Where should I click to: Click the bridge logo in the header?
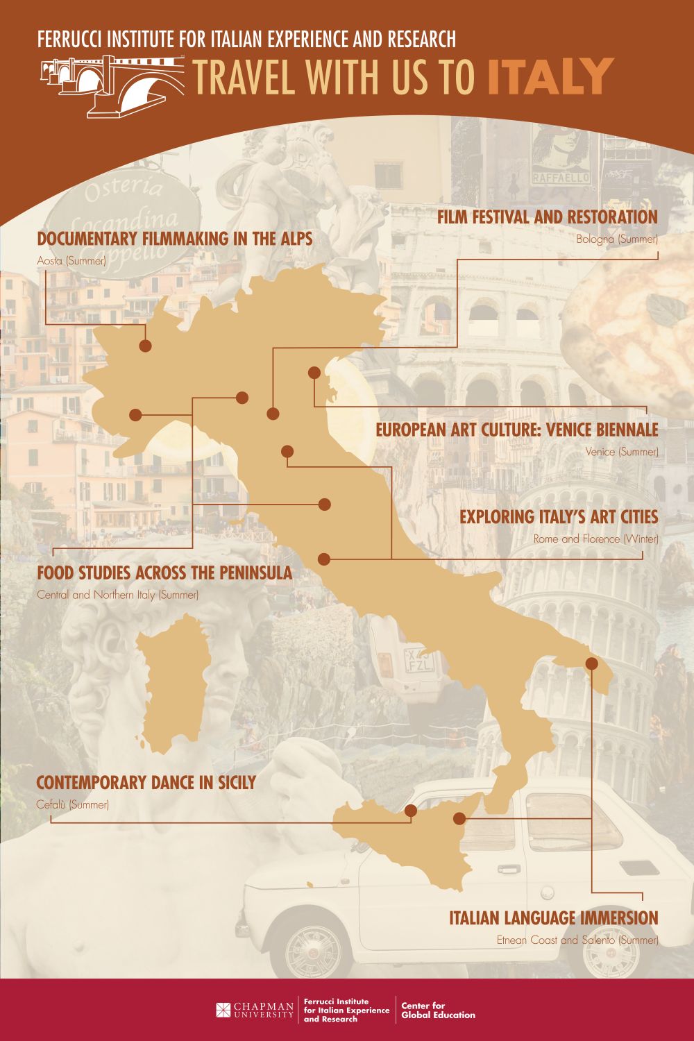click(x=111, y=85)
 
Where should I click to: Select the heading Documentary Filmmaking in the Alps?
click(x=174, y=239)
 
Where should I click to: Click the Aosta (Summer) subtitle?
click(x=71, y=262)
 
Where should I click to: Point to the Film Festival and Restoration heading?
click(x=547, y=217)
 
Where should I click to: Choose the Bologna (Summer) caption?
click(x=616, y=239)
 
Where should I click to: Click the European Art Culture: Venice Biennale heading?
click(x=516, y=430)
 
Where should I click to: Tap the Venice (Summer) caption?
click(x=621, y=452)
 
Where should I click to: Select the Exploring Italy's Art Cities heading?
click(x=558, y=517)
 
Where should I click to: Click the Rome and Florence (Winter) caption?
click(x=595, y=539)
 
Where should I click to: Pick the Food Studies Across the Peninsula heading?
click(x=164, y=573)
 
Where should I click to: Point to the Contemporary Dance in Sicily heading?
click(x=146, y=783)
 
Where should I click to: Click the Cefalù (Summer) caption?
click(x=72, y=805)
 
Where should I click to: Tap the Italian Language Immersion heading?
click(x=553, y=918)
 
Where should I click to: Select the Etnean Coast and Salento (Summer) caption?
click(x=577, y=940)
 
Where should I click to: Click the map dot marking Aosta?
click(x=145, y=346)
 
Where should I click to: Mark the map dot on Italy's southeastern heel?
click(x=591, y=663)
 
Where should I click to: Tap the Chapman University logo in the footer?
click(x=255, y=1010)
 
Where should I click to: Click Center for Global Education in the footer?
click(x=438, y=1010)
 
